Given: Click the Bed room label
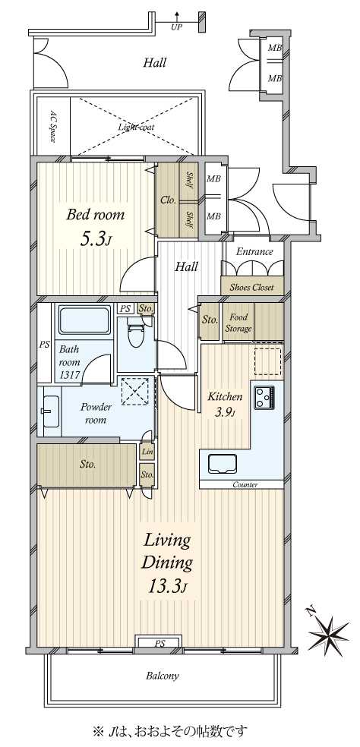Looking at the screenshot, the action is pyautogui.click(x=96, y=214).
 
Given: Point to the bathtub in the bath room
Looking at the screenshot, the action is pyautogui.click(x=84, y=320).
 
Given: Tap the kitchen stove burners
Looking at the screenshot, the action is pyautogui.click(x=264, y=397).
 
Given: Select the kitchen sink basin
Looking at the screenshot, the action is pyautogui.click(x=223, y=464).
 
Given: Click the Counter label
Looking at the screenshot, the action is pyautogui.click(x=245, y=485).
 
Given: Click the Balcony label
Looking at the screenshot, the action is pyautogui.click(x=162, y=676).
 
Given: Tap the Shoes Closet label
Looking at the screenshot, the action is pyautogui.click(x=251, y=287).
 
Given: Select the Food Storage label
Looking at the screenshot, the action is pyautogui.click(x=238, y=323).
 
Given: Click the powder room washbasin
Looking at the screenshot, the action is pyautogui.click(x=50, y=411).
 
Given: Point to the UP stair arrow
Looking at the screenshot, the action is pyautogui.click(x=178, y=20).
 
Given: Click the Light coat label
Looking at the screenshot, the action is pyautogui.click(x=137, y=128).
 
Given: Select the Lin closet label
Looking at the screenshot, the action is pyautogui.click(x=147, y=452).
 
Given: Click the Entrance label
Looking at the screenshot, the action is pyautogui.click(x=254, y=252).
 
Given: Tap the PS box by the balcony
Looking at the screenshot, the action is pyautogui.click(x=159, y=644).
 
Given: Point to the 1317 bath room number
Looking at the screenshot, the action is pyautogui.click(x=70, y=375).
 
